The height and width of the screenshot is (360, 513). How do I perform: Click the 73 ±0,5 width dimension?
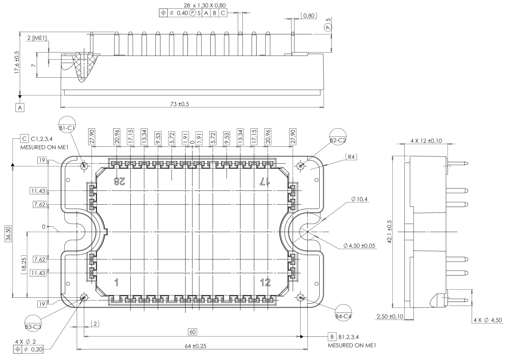[x=179, y=104]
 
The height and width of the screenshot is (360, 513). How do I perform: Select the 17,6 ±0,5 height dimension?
[x=17, y=62]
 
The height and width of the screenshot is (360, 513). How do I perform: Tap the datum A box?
[x=20, y=107]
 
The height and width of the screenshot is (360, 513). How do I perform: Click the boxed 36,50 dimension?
[x=8, y=234]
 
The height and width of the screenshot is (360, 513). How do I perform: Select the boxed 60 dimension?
[x=193, y=332]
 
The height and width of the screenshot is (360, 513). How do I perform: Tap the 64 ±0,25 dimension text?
[x=196, y=346]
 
